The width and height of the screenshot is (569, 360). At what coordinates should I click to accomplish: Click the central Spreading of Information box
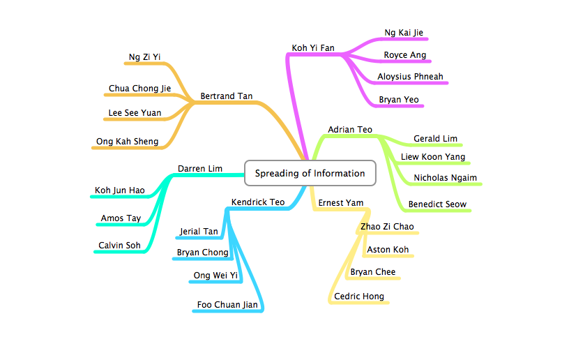[310, 173]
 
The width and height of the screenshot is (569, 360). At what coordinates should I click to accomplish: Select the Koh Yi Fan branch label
[312, 48]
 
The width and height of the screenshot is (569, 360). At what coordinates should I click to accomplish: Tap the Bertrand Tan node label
[226, 96]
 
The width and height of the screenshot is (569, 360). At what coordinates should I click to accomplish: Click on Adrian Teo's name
[350, 129]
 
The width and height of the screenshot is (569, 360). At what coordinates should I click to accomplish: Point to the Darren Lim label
[200, 168]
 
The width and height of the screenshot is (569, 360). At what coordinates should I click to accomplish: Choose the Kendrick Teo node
[258, 202]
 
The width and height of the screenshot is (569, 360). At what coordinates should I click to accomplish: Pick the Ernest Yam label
[341, 202]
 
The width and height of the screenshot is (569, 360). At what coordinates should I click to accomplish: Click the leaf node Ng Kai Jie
[404, 33]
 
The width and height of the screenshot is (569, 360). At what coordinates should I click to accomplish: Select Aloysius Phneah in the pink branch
[410, 76]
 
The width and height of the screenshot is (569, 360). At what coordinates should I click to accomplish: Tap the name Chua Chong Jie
[139, 89]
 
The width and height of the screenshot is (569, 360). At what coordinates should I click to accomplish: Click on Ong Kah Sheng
[127, 142]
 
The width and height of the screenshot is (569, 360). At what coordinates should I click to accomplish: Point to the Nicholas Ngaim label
[445, 177]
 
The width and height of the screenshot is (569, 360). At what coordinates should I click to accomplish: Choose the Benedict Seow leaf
[437, 204]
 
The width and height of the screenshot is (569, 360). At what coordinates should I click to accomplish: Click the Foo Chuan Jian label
[227, 304]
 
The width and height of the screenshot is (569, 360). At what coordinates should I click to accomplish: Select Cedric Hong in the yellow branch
[358, 297]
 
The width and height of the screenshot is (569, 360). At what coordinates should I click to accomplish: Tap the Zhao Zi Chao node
[387, 226]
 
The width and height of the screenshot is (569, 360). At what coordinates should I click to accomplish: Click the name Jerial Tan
[199, 232]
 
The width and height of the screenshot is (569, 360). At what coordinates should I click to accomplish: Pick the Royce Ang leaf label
[404, 55]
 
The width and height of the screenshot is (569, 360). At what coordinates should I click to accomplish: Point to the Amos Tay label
[121, 218]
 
